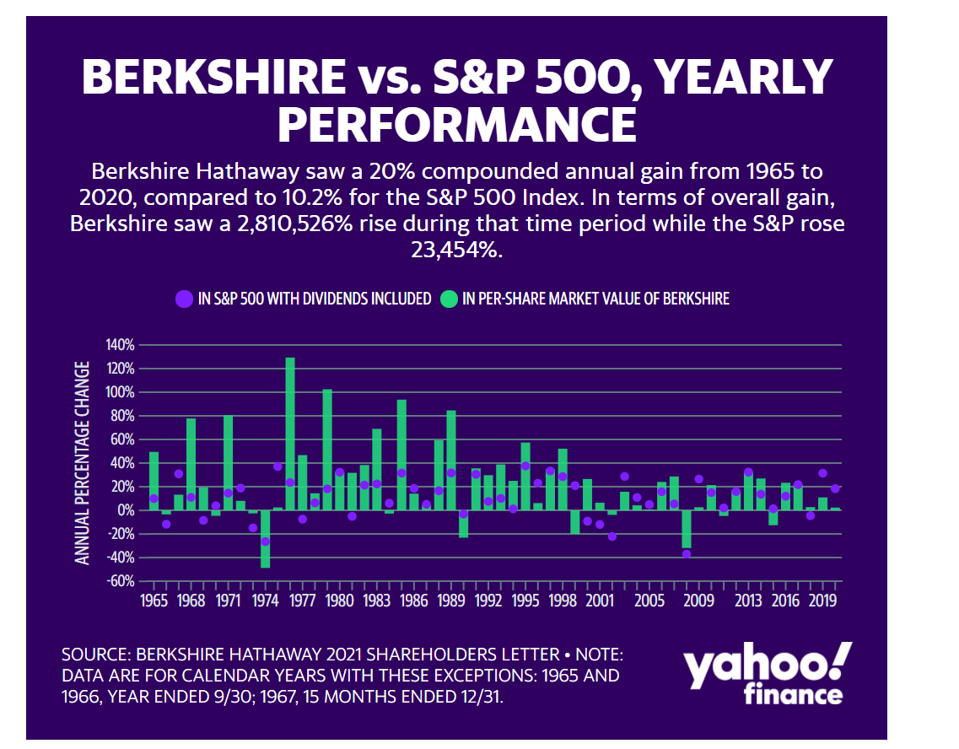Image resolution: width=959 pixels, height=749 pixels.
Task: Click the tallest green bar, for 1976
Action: click(x=290, y=434)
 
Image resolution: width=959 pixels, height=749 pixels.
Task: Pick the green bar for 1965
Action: click(x=154, y=481)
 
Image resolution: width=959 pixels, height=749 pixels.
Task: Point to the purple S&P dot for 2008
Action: click(x=687, y=553)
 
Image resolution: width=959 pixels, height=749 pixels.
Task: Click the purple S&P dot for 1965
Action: click(x=154, y=498)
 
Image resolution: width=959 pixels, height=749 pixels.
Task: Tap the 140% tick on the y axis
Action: click(x=120, y=345)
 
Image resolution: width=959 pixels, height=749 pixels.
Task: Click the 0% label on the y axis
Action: click(x=125, y=510)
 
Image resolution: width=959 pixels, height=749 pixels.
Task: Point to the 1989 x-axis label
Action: click(x=451, y=601)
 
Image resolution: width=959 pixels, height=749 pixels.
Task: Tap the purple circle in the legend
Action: click(x=184, y=298)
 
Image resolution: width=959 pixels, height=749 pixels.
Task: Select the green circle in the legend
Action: click(x=449, y=298)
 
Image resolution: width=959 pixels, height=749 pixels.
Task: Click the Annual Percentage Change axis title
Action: click(x=83, y=462)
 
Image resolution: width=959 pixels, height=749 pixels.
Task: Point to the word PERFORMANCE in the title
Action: click(x=456, y=123)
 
